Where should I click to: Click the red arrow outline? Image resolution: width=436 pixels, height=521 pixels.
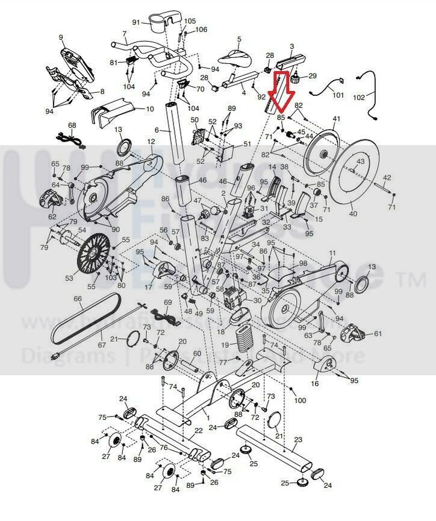click(281, 94)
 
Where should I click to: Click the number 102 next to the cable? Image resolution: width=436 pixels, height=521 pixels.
click(376, 97)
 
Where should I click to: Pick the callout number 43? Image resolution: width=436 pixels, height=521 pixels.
click(360, 162)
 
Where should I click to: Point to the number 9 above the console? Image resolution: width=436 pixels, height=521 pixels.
click(61, 37)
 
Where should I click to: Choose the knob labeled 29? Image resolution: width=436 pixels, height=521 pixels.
click(296, 78)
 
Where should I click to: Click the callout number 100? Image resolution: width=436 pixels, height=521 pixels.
click(300, 400)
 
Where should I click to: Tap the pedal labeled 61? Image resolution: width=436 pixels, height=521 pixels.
click(354, 332)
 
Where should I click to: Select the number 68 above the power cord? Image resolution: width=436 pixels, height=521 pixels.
click(72, 125)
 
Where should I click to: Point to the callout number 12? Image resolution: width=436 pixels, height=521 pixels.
click(151, 141)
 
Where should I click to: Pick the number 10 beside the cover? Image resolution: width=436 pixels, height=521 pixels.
click(150, 109)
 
